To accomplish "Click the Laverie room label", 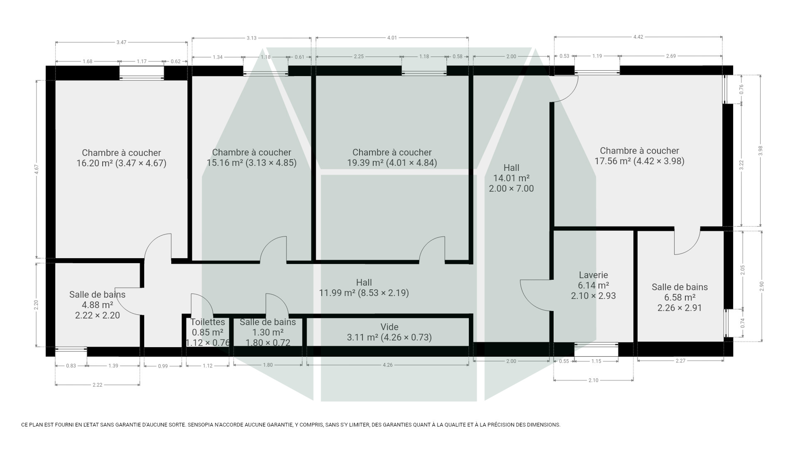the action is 593,275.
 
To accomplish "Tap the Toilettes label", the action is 208,322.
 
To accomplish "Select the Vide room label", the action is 389,327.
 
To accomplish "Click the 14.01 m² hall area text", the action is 511,178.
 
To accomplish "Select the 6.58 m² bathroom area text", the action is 680,297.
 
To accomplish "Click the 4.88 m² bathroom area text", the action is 97,305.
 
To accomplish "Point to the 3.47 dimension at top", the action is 121,42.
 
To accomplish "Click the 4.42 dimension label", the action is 638,37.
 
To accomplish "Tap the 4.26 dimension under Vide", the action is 387,365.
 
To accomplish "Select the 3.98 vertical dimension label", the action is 760,151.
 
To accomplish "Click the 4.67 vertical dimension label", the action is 36,169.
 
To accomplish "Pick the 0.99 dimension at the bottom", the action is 163,366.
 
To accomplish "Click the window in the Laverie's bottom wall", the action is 596,349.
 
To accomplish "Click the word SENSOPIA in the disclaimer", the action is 201,425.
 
